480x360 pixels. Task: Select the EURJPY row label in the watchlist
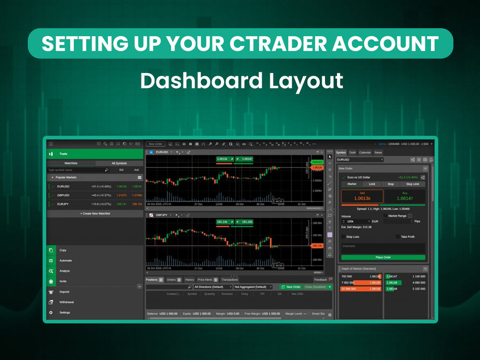click(x=63, y=204)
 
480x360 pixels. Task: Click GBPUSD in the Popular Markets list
click(x=63, y=195)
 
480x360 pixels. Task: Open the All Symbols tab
click(x=119, y=163)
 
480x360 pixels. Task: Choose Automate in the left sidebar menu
click(x=66, y=261)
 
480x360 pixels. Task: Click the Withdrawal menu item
click(x=66, y=302)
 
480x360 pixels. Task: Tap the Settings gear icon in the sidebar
click(x=50, y=312)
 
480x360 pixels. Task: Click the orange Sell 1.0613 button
click(x=362, y=196)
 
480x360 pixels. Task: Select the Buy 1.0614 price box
click(x=405, y=196)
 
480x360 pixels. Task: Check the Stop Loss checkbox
click(x=343, y=237)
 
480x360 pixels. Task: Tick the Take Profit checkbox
click(x=398, y=237)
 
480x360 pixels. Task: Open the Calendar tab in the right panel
click(x=365, y=153)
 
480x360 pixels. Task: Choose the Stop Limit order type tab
click(x=412, y=184)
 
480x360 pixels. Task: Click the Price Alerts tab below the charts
click(x=205, y=279)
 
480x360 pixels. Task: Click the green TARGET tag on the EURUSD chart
click(x=317, y=162)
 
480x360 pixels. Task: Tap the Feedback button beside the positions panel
click(x=320, y=279)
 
